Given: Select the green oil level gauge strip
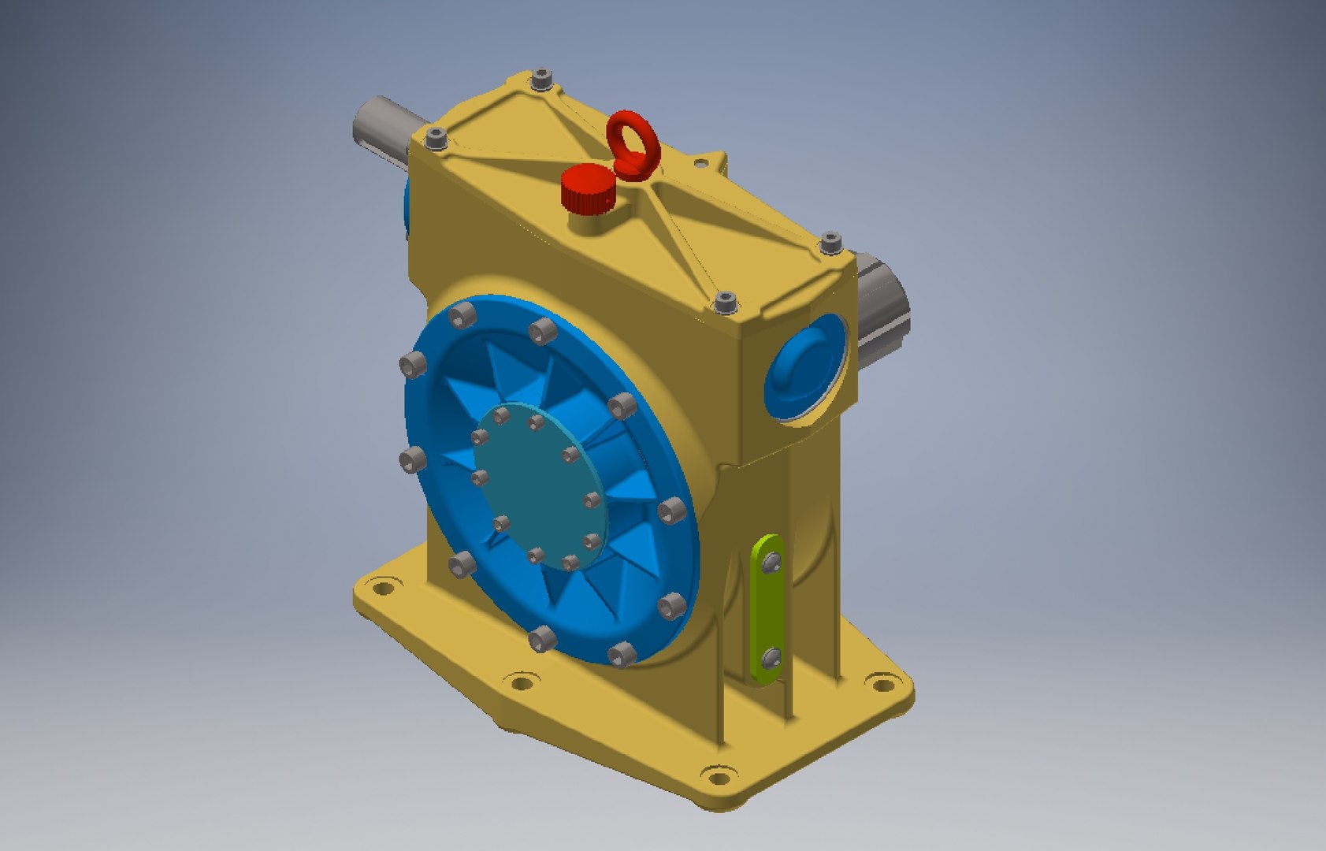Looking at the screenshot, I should [x=766, y=607].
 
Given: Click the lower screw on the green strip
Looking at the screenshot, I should [x=772, y=656].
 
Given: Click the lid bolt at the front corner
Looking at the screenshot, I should [x=725, y=302].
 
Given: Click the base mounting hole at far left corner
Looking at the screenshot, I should [x=382, y=588].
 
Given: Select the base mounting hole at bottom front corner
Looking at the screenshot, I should [x=718, y=779].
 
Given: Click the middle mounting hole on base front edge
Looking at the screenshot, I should [x=520, y=682].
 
